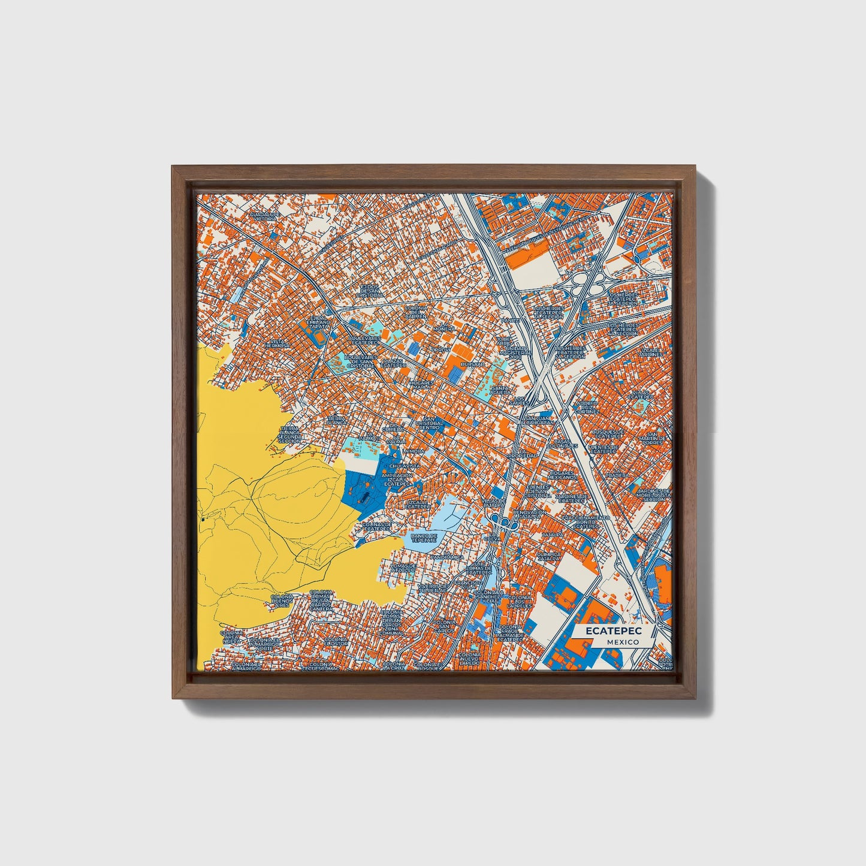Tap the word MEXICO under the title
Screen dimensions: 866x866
(622, 642)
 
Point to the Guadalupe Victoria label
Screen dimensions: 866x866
(265, 216)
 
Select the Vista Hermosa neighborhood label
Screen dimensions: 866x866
(277, 343)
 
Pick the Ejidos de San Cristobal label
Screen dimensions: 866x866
(371, 291)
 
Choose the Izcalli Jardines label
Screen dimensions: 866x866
(651, 352)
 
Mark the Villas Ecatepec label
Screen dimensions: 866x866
(640, 394)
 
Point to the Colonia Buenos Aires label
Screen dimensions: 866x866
(281, 601)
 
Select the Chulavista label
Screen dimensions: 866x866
(405, 465)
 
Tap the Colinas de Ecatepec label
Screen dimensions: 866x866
(378, 526)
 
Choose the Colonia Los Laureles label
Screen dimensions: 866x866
(520, 602)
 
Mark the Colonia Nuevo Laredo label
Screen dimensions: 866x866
(469, 659)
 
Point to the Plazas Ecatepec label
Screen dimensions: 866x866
(394, 362)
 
